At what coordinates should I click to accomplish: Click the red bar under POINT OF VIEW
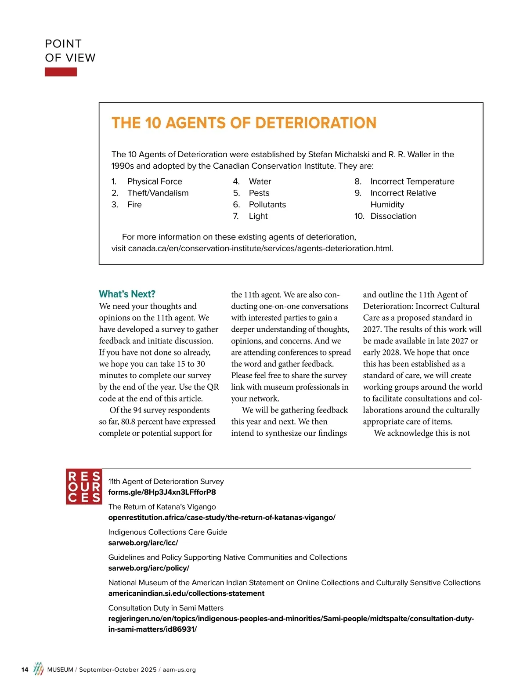61,72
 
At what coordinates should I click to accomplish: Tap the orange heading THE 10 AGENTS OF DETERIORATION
244,123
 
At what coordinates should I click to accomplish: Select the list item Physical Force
155,181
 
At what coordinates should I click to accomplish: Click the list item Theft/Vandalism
158,193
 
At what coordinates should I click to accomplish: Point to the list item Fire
134,205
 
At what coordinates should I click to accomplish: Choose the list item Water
260,181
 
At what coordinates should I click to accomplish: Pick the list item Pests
259,193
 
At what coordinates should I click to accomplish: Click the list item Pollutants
267,205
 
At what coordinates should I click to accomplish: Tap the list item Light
258,216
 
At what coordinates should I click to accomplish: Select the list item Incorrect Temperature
412,181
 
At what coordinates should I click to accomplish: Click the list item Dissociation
393,216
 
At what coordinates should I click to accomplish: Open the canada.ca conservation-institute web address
260,249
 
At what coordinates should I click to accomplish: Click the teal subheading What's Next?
127,294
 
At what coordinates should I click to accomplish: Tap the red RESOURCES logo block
84,487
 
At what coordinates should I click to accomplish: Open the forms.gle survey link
162,492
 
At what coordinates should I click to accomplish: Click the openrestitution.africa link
222,518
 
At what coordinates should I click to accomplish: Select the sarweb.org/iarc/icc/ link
143,543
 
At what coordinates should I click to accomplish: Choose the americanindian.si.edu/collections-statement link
186,594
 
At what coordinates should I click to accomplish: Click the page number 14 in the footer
25,670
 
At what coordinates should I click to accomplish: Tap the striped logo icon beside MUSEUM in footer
39,669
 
